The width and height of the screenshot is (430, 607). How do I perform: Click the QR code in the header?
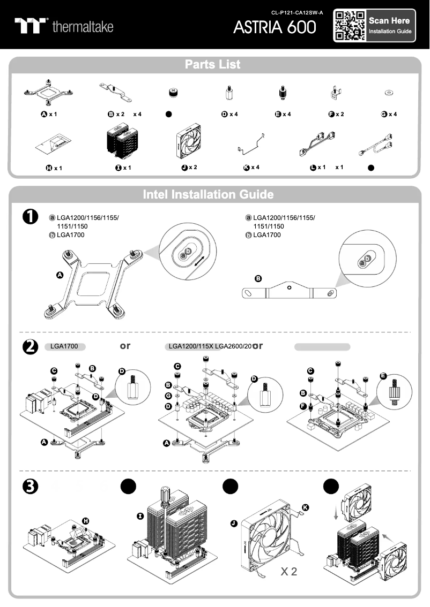coord(350,25)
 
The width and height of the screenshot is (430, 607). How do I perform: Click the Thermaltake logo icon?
coord(31,26)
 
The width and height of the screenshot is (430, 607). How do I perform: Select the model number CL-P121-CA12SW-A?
coord(297,12)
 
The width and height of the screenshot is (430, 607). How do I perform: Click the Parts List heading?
coord(213,65)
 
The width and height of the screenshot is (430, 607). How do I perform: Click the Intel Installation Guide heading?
coord(208,194)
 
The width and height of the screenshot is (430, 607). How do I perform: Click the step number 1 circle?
coord(30,216)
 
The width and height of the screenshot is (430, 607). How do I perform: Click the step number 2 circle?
coord(30,347)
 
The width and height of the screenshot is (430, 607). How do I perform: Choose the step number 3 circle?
coord(30,487)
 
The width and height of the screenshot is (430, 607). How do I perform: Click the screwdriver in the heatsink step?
coord(164,502)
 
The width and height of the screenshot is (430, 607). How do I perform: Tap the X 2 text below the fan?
coord(288,572)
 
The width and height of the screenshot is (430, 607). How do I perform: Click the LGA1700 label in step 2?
coord(64,346)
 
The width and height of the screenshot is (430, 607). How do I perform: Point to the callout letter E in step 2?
coord(383,376)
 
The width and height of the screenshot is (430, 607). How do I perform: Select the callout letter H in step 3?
coord(85,521)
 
